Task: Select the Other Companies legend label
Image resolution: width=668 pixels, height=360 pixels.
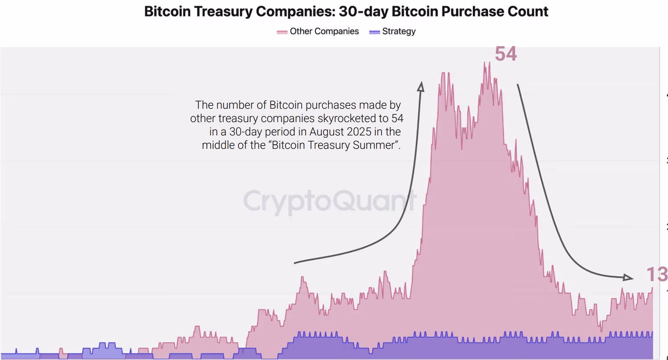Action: [324, 31]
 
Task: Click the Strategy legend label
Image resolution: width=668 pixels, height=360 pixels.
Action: [399, 31]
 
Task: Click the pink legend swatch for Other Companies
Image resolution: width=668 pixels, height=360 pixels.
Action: [282, 32]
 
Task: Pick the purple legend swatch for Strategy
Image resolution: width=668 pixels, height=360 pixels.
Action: [375, 32]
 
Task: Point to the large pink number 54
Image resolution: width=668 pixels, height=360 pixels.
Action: [506, 54]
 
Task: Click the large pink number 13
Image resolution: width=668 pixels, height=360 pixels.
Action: [657, 274]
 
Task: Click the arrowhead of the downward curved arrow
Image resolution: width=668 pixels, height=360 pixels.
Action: [628, 278]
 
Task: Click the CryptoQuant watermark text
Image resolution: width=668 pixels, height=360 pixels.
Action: [330, 200]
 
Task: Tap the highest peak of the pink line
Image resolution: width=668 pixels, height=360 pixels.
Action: [484, 62]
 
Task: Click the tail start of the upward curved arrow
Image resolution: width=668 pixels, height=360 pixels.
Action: [295, 263]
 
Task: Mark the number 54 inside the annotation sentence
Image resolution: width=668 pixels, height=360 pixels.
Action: [397, 119]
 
